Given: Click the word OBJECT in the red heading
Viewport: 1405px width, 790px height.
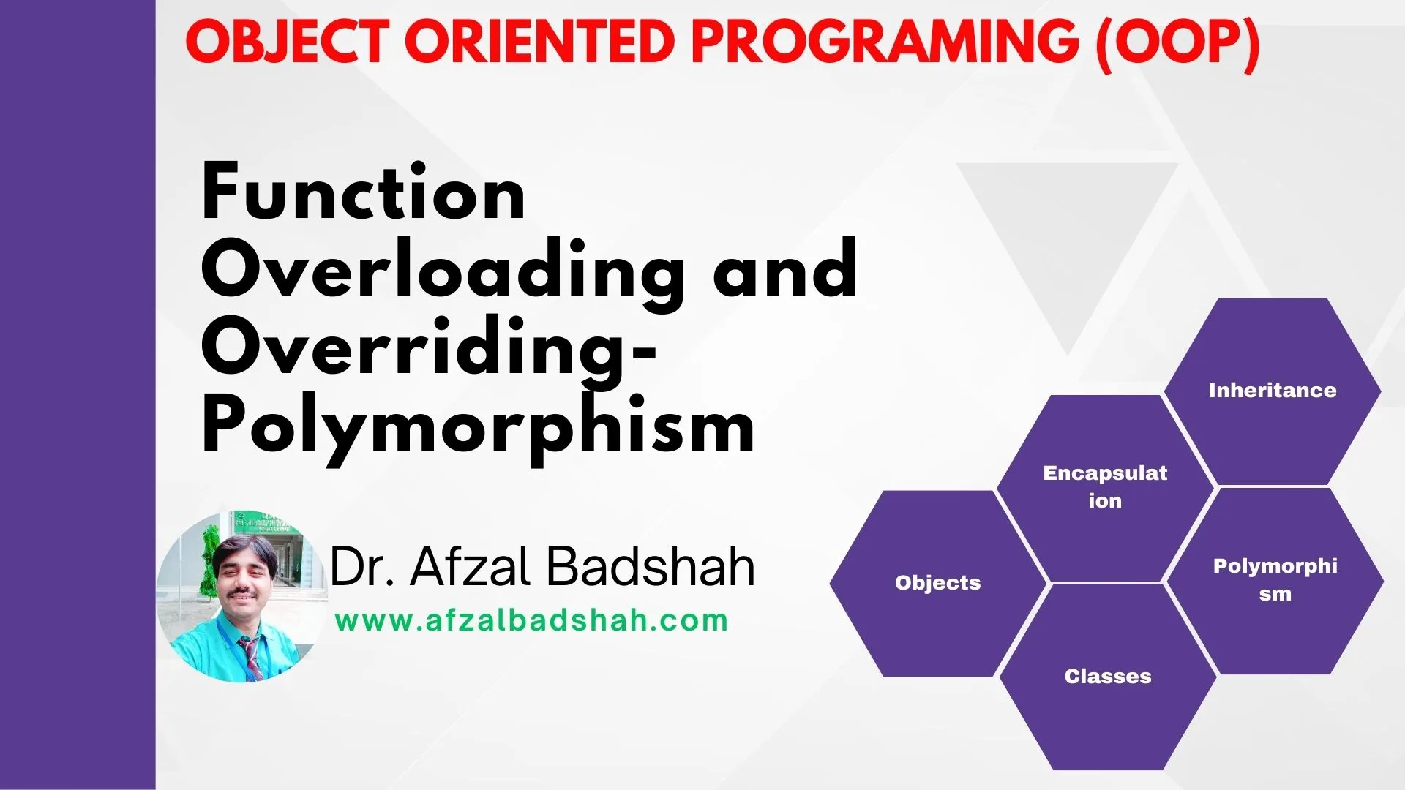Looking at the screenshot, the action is tap(286, 42).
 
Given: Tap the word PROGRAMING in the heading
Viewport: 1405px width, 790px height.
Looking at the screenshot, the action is tap(885, 42).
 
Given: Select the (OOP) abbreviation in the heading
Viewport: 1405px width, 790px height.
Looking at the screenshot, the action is tap(1177, 44).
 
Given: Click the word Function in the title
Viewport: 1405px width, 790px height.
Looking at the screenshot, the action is tap(364, 192).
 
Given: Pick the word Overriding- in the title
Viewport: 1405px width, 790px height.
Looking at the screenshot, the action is tap(429, 350).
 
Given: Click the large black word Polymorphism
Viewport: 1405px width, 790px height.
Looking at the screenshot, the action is tap(478, 428).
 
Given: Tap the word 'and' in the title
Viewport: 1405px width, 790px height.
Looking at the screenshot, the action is tap(785, 268).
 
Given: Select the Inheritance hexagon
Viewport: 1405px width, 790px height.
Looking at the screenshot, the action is tap(1273, 391).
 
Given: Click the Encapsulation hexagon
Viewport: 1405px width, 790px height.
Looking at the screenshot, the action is tap(1105, 488).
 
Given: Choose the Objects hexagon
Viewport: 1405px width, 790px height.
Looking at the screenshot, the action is tap(938, 583).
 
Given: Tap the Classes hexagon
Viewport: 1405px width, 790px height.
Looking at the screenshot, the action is tap(1108, 677).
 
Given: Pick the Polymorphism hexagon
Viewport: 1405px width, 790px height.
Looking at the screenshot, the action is tap(1275, 581).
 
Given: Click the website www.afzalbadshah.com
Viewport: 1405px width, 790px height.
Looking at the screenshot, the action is tap(532, 621).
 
